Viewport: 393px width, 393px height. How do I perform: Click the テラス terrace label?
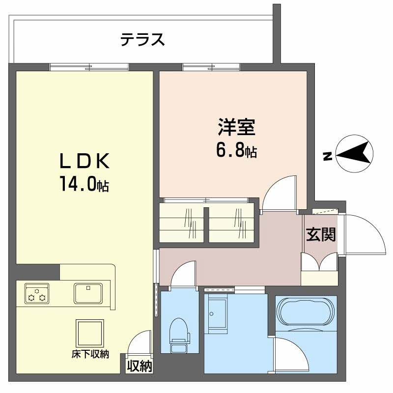142,39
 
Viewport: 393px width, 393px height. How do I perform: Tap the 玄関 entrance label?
321,235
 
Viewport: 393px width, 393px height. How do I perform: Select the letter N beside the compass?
326,156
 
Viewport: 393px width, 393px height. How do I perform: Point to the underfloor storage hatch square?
90,334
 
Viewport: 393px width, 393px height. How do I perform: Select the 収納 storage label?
140,366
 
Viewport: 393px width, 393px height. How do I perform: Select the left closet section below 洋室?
181,224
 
